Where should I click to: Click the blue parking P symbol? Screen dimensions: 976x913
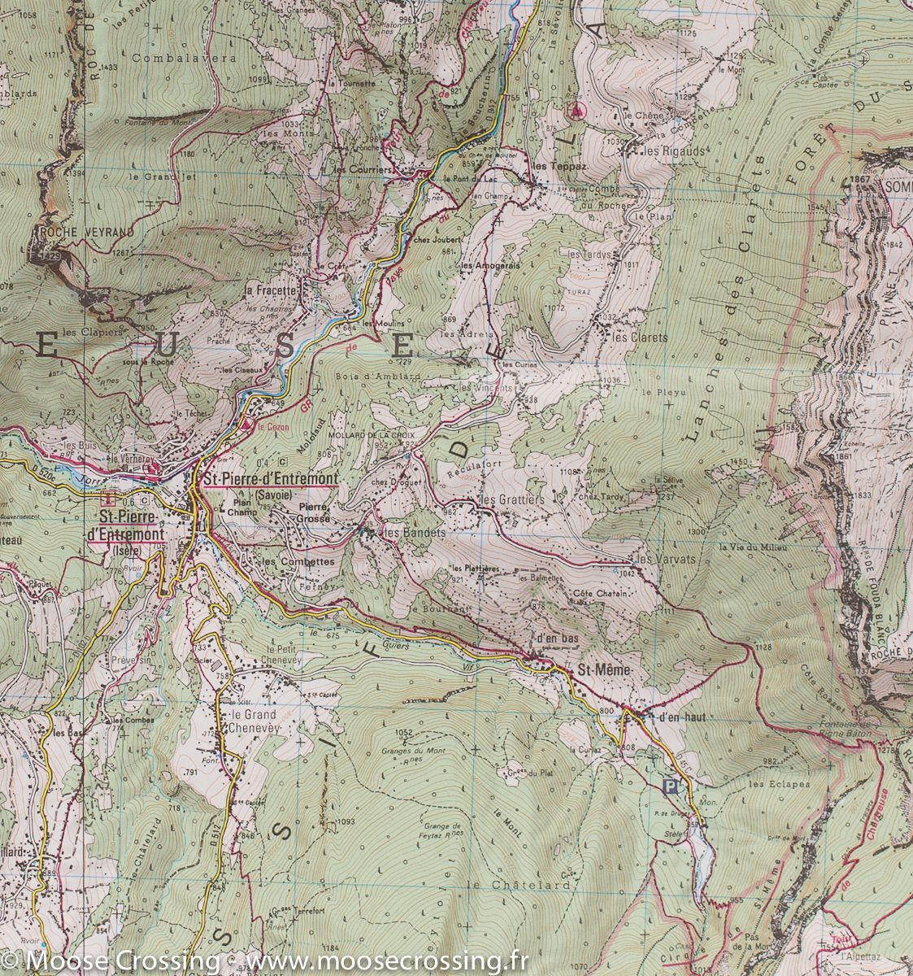tap(670, 786)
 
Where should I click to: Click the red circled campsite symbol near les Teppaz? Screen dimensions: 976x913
tap(577, 109)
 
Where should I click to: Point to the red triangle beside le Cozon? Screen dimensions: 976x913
tap(247, 423)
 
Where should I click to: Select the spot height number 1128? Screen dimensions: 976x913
tap(762, 647)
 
